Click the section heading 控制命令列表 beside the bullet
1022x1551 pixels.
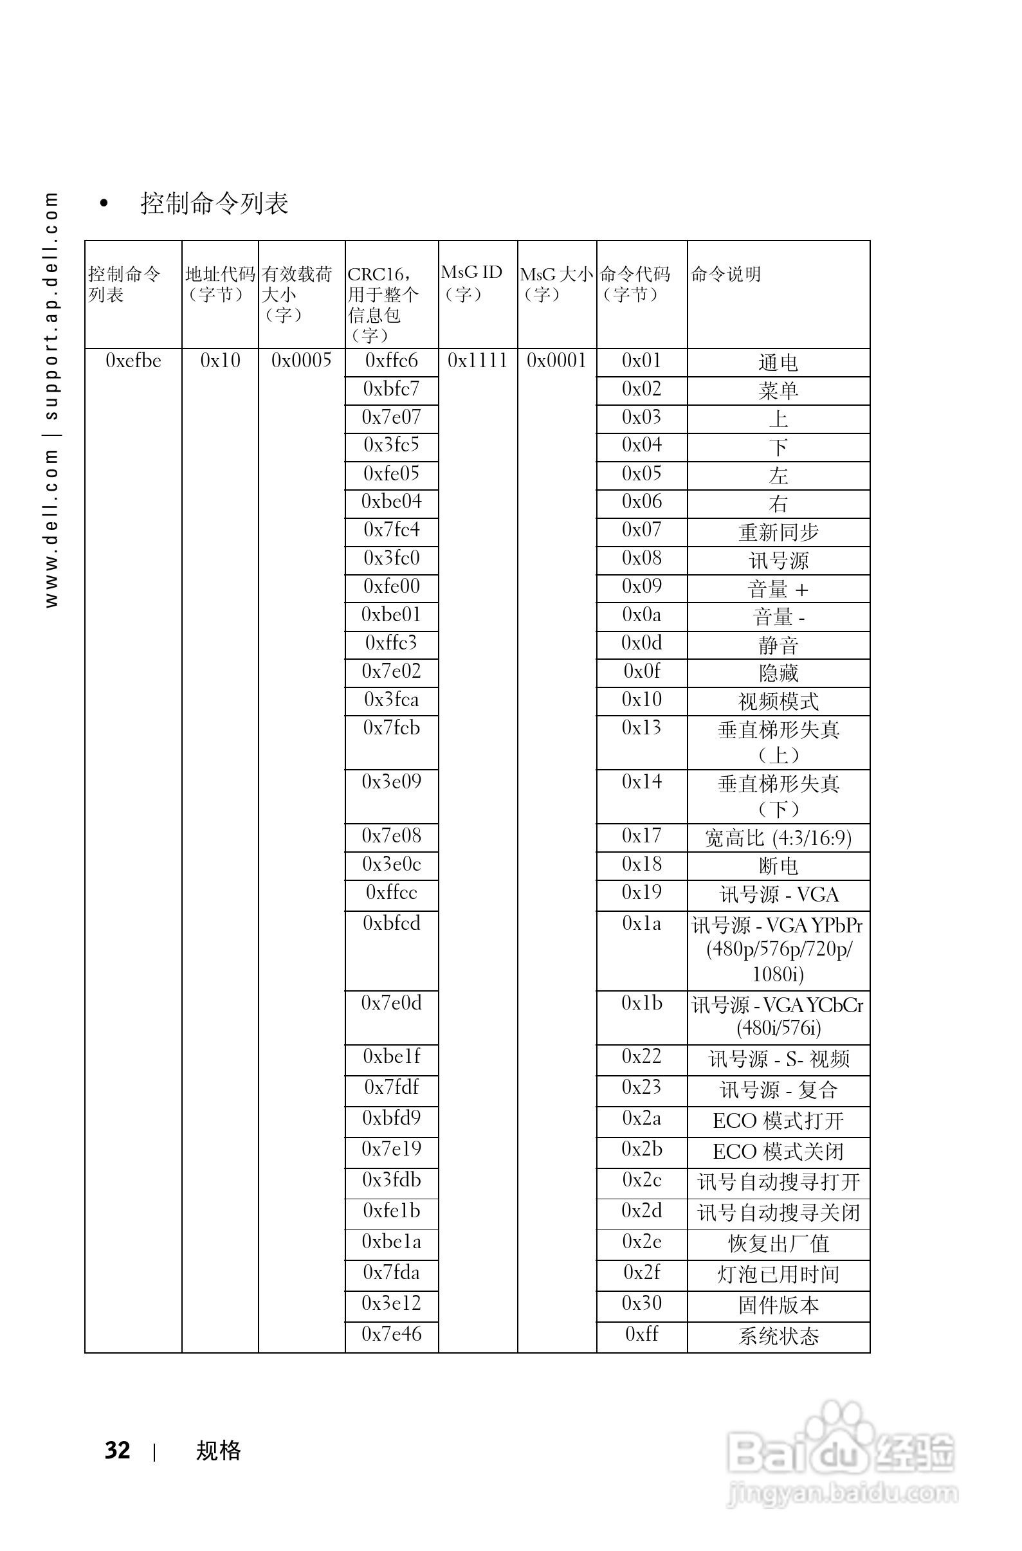pos(214,203)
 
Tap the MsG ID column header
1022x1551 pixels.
pos(471,283)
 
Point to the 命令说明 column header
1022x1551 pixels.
pos(726,275)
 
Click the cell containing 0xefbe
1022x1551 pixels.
pos(133,361)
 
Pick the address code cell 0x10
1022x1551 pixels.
pos(221,361)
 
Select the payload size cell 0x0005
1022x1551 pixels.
pos(301,361)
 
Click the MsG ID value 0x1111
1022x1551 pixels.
pos(477,361)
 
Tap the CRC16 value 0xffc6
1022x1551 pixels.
pos(391,361)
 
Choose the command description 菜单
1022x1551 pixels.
pos(778,391)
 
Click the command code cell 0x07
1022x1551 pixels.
pos(641,531)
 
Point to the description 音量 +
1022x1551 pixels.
pos(778,590)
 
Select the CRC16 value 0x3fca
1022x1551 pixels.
pos(391,700)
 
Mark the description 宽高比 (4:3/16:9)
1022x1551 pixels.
pos(778,838)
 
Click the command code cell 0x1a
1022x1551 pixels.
pos(641,924)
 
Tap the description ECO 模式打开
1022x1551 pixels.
pos(778,1121)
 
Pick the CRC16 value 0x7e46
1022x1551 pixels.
pos(391,1334)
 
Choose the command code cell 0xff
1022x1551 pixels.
pos(641,1334)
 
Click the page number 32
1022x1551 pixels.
pos(117,1450)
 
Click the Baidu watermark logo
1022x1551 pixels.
pos(841,1453)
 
